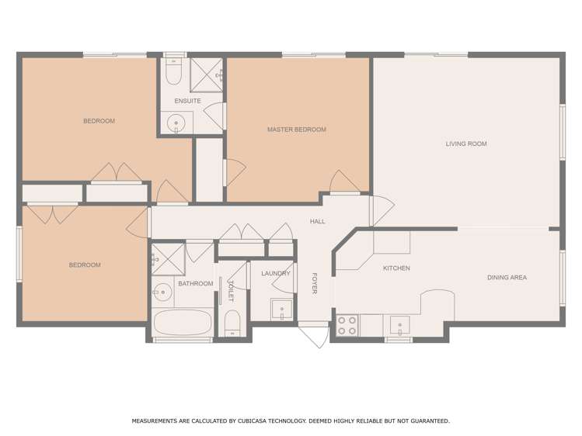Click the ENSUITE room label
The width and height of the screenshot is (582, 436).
187,101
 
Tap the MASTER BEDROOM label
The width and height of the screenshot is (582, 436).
296,130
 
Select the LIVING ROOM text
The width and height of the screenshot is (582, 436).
466,144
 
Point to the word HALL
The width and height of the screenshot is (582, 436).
317,222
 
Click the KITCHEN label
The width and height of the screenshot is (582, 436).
396,268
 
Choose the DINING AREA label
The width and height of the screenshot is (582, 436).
507,277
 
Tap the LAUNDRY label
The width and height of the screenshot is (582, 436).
276,273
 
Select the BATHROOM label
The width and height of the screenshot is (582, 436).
195,283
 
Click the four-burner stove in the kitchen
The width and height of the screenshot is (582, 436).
347,324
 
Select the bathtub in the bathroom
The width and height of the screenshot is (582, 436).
183,322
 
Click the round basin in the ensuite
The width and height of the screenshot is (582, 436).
178,123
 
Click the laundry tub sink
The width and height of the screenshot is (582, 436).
281,310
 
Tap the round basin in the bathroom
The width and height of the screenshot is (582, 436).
163,293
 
